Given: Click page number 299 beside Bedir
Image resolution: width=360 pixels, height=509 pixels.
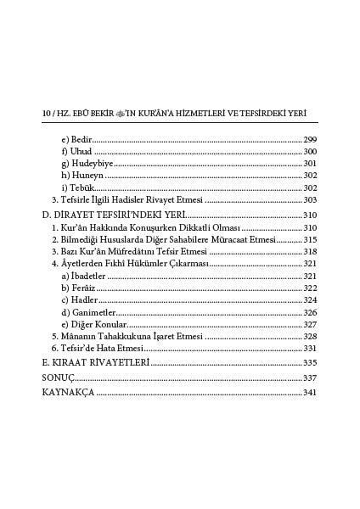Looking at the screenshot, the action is point(310,140).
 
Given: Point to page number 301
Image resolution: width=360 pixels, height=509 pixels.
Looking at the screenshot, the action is point(310,164).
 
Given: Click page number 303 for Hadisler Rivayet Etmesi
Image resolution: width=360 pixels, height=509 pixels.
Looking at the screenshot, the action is point(310,199).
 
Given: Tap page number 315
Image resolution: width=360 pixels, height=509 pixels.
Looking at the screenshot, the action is point(310,240).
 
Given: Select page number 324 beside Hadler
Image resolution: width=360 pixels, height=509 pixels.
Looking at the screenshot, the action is point(310,300).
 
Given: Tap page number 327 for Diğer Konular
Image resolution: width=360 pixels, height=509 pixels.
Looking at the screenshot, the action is point(310,324).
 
